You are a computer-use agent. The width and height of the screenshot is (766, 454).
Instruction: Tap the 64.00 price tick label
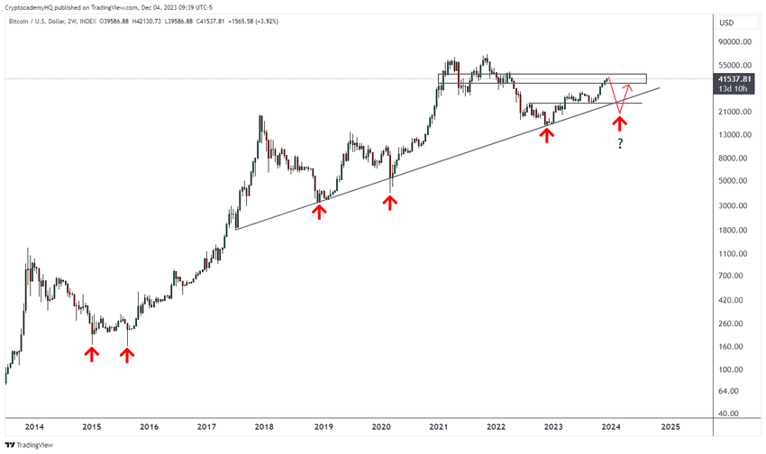(x=734, y=391)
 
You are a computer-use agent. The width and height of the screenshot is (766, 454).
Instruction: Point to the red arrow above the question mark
(x=620, y=123)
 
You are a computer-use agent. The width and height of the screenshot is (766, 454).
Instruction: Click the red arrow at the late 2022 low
(x=546, y=134)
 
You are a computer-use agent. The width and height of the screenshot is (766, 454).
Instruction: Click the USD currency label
(x=725, y=23)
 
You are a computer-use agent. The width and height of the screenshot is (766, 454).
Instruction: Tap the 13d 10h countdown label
(x=730, y=89)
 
